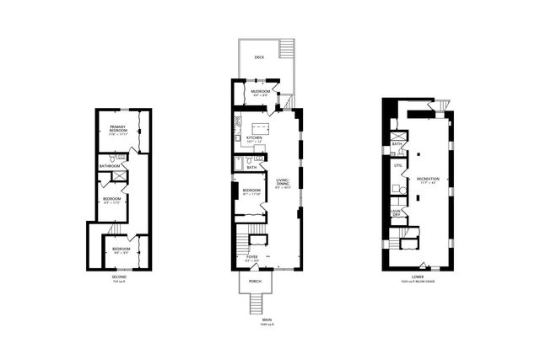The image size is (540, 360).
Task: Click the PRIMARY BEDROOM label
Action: click(117, 128)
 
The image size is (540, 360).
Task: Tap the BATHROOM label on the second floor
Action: click(111, 166)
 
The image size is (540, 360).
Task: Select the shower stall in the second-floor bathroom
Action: click(120, 176)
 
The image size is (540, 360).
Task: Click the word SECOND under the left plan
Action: click(119, 277)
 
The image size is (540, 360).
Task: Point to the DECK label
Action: click(260, 58)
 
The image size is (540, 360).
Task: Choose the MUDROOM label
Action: click(260, 91)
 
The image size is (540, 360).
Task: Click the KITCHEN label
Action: click(255, 137)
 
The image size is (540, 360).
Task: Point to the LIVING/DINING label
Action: click(283, 183)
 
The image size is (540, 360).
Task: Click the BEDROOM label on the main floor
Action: click(251, 191)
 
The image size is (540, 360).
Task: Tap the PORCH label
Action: click(255, 281)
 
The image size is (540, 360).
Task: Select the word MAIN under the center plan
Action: click(266, 320)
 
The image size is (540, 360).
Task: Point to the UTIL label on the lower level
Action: click(397, 165)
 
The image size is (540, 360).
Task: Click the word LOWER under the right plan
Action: click(418, 275)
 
